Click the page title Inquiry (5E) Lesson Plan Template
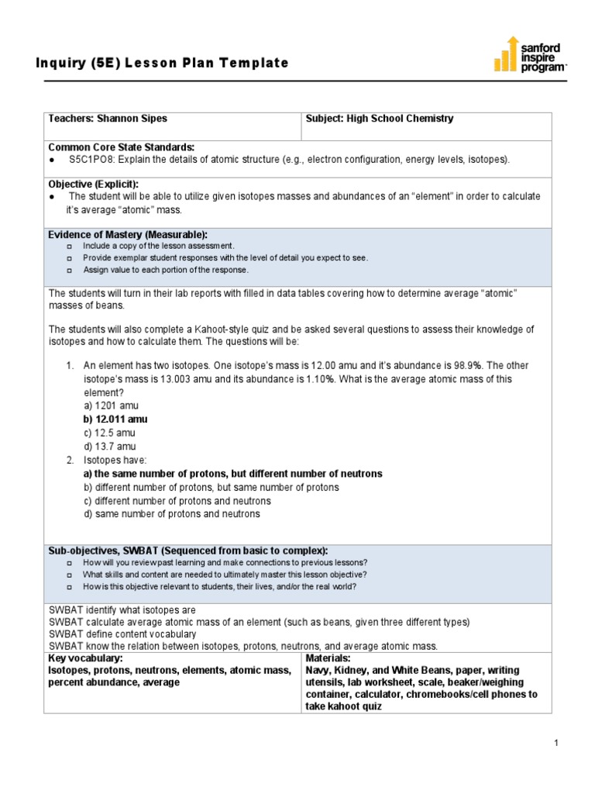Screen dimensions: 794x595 tap(162, 63)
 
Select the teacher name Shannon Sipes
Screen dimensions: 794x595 tap(132, 119)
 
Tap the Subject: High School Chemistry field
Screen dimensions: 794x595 tap(380, 119)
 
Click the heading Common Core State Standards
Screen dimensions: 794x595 tap(122, 147)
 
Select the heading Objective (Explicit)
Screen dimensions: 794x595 tap(94, 185)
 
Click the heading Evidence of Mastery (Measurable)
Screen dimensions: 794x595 tap(128, 234)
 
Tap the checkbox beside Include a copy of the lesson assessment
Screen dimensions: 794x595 tap(69, 246)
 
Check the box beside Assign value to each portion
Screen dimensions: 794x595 tap(69, 271)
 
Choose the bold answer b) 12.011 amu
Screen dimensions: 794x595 tap(115, 419)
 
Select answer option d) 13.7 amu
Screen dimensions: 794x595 tap(109, 447)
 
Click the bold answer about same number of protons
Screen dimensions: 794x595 tap(232, 474)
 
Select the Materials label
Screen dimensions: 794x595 tap(328, 658)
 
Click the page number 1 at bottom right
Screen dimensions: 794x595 tap(556, 744)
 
